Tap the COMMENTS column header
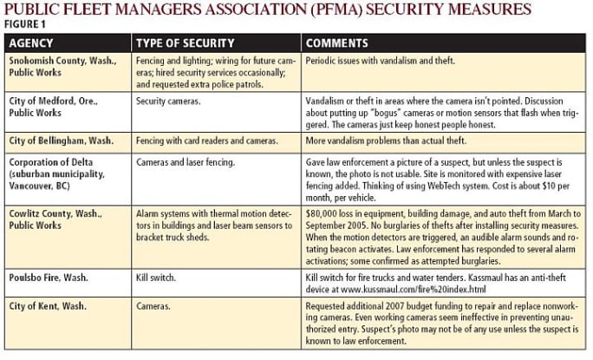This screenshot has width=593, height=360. [x=336, y=43]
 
